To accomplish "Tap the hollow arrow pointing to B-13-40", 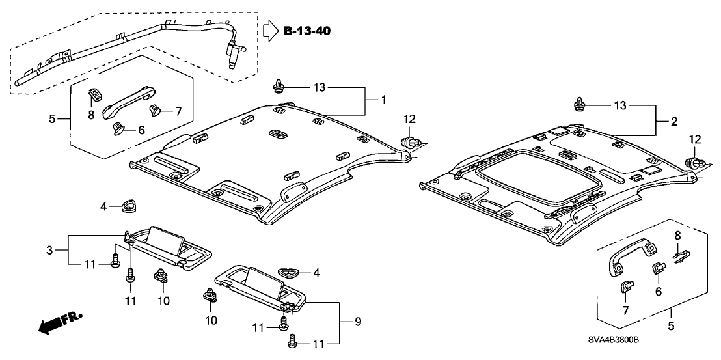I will point(270,31).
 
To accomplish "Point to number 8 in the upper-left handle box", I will point(91,115).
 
